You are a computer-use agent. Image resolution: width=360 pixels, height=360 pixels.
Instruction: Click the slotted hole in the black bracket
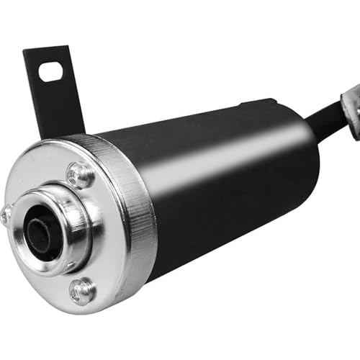coord(51,71)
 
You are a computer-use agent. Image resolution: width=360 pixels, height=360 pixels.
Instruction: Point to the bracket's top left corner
coord(25,52)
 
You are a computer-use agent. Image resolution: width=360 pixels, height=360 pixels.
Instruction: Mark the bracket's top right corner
coord(68,47)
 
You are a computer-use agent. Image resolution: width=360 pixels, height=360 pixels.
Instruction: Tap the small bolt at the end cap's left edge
coord(6,214)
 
